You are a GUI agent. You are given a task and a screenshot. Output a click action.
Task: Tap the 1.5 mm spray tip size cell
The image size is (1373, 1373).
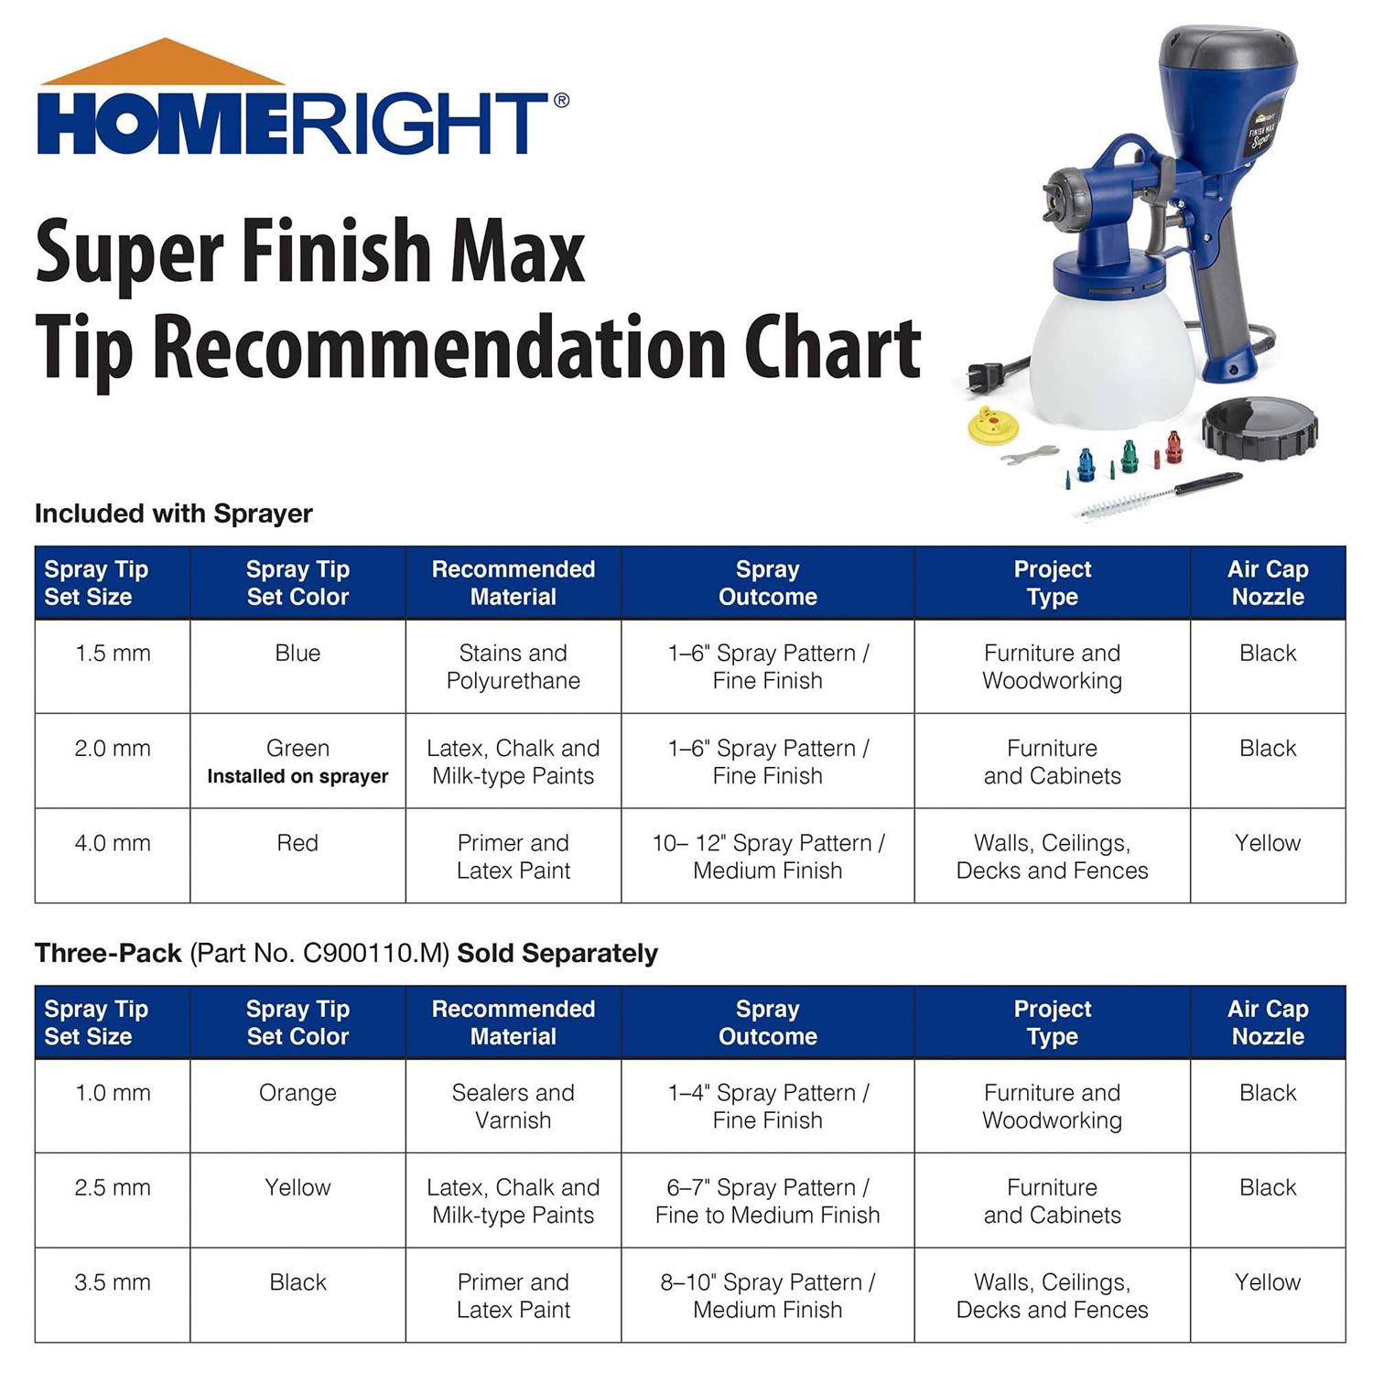[x=112, y=654]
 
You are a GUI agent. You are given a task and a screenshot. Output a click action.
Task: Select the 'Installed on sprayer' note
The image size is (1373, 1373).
[x=297, y=777]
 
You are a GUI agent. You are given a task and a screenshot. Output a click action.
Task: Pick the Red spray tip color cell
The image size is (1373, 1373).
[x=297, y=843]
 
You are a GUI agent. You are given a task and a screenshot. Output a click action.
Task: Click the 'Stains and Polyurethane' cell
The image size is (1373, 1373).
[x=513, y=667]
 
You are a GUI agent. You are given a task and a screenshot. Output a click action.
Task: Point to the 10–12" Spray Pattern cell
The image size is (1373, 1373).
[x=767, y=857]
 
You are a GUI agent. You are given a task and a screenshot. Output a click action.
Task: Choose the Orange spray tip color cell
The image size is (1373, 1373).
[x=297, y=1093]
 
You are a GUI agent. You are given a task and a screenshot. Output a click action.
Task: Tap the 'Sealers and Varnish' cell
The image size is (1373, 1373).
[x=513, y=1107]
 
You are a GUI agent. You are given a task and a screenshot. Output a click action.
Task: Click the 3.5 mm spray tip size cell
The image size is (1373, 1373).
[x=112, y=1282]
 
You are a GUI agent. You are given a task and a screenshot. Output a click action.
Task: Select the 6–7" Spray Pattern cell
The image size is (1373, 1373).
[x=767, y=1201]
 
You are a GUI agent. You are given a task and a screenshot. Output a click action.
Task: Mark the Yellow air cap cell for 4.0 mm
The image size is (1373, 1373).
[x=1267, y=843]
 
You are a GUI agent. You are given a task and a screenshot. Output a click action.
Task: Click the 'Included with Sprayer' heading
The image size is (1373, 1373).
[x=174, y=514]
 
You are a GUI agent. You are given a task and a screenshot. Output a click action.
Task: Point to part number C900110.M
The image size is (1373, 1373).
[x=375, y=954]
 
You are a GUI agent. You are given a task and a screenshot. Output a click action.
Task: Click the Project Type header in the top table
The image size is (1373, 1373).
[x=1052, y=583]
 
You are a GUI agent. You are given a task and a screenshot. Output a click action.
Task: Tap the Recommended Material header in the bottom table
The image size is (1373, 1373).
[x=513, y=1022]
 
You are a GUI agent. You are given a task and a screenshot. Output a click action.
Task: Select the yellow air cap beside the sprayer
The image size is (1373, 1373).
[x=992, y=426]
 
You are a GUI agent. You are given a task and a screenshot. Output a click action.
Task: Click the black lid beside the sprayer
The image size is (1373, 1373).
[x=1259, y=428]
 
